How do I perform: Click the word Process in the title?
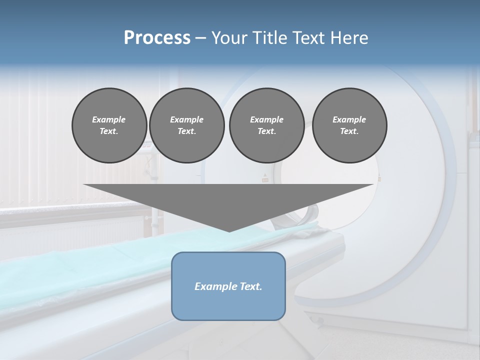coord(157,37)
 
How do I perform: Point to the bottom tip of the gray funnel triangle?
coord(229,231)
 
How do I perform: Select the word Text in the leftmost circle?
coord(109,131)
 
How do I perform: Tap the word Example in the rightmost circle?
coord(349,119)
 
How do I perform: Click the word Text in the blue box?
coord(250,286)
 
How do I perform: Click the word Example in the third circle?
coord(266,119)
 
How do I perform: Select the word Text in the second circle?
coord(186,131)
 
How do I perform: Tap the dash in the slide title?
coord(200,37)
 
